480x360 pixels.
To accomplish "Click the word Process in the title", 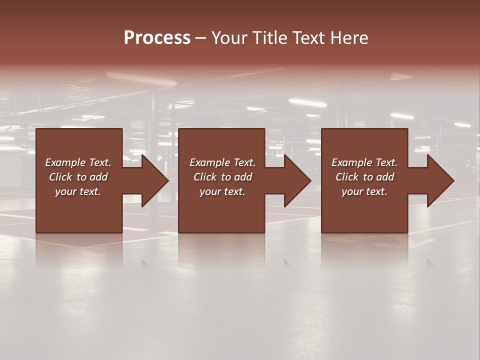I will pyautogui.click(x=157, y=38).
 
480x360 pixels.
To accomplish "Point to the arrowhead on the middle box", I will pyautogui.click(x=294, y=180).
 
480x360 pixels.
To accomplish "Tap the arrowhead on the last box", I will pyautogui.click(x=437, y=180).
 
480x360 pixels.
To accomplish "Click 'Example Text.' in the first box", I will pyautogui.click(x=78, y=162).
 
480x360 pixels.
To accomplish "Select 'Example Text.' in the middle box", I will pyautogui.click(x=222, y=162).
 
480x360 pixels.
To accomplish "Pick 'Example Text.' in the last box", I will pyautogui.click(x=364, y=162).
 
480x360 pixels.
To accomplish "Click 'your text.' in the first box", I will pyautogui.click(x=78, y=191).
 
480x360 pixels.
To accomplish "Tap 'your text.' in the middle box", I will pyautogui.click(x=222, y=191).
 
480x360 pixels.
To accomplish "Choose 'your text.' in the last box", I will pyautogui.click(x=364, y=191).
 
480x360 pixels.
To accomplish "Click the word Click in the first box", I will pyautogui.click(x=60, y=177).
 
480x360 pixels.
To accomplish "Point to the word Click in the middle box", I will pyautogui.click(x=205, y=177).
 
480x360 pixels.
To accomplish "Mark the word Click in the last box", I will pyautogui.click(x=347, y=177).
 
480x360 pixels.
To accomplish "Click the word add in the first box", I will pyautogui.click(x=98, y=177).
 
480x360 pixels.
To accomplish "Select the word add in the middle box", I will pyautogui.click(x=243, y=177).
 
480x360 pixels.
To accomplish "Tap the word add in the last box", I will pyautogui.click(x=385, y=177).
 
